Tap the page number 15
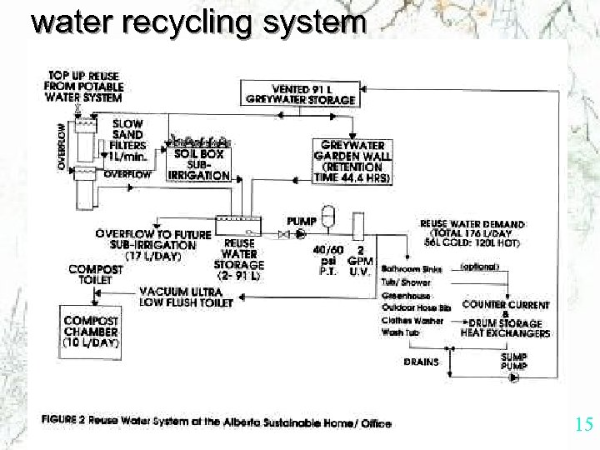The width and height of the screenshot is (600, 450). (x=583, y=425)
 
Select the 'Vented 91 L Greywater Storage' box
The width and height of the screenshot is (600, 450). (x=301, y=94)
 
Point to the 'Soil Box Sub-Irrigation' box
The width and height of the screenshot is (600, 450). (x=198, y=164)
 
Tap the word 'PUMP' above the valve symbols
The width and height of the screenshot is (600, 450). (x=301, y=221)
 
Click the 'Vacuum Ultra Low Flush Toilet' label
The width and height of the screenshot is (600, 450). (x=186, y=297)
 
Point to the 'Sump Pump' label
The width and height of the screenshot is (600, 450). (x=513, y=361)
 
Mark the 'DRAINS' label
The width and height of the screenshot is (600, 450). (x=422, y=362)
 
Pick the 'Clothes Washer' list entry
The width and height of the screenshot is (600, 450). (x=412, y=320)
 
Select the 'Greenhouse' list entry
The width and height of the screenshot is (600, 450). (x=406, y=296)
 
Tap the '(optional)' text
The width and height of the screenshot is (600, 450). (x=479, y=267)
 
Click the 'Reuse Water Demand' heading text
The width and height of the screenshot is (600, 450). (x=472, y=224)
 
